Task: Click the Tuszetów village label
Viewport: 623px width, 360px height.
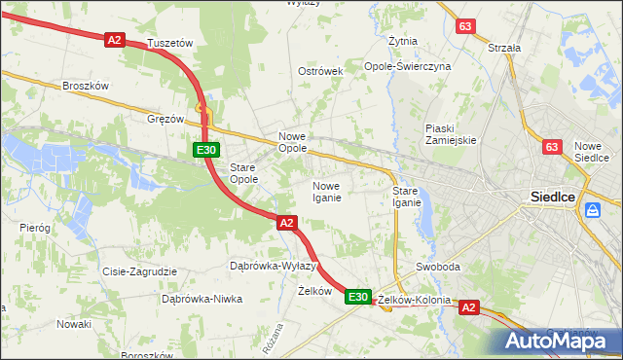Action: coord(169,44)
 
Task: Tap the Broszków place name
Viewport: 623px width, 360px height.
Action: coord(85,86)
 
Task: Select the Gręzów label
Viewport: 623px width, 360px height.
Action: coord(165,119)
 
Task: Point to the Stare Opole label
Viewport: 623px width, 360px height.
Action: coord(242,173)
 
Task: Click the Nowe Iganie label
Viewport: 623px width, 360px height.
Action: coord(325,192)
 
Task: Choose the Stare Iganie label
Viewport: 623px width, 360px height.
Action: coord(406,197)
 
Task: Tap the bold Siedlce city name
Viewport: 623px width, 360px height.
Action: coord(554,196)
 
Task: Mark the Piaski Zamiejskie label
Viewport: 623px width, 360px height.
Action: coord(450,134)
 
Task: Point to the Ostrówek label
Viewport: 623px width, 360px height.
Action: coord(320,72)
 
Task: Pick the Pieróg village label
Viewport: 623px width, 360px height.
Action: coord(34,227)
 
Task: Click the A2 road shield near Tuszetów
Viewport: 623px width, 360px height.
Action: coord(115,40)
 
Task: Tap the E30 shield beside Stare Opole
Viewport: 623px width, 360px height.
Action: coord(204,150)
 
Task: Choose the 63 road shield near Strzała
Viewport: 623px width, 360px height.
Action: coord(466,26)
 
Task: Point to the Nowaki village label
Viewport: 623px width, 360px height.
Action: coord(73,324)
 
